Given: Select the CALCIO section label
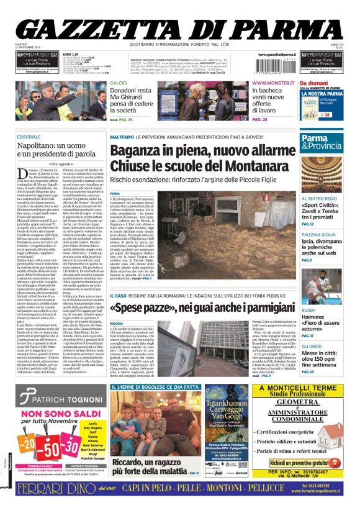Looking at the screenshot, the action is (119, 83).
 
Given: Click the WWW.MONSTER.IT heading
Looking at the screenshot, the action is (272, 83).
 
